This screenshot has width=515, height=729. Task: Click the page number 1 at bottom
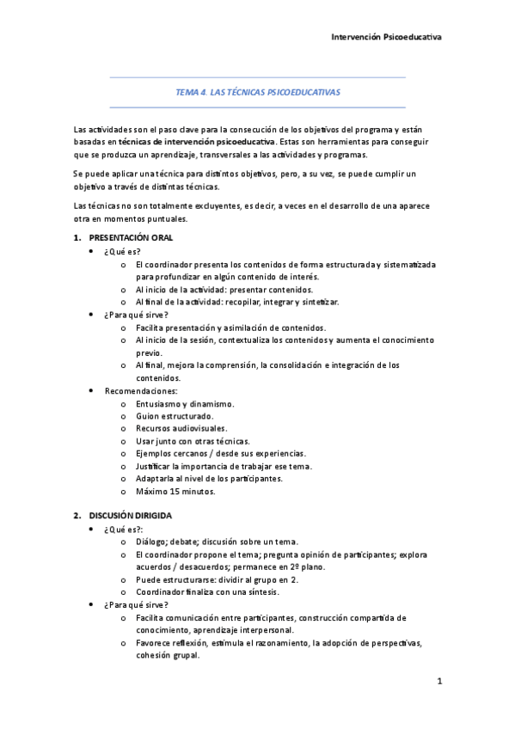tap(438, 682)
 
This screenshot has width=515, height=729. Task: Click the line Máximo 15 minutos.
tap(175, 493)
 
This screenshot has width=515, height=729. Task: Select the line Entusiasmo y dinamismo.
tap(185, 403)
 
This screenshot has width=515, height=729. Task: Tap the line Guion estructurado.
tap(175, 416)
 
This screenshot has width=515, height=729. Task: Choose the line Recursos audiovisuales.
tap(181, 428)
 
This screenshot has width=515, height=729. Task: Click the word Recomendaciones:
tap(141, 390)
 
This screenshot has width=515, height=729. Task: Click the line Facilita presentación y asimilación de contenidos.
tap(230, 328)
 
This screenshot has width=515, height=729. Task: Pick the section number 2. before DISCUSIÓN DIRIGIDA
tap(77, 516)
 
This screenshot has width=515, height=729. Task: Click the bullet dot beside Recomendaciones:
tap(91, 390)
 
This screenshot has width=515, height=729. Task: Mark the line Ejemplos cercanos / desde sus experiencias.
tap(221, 454)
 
